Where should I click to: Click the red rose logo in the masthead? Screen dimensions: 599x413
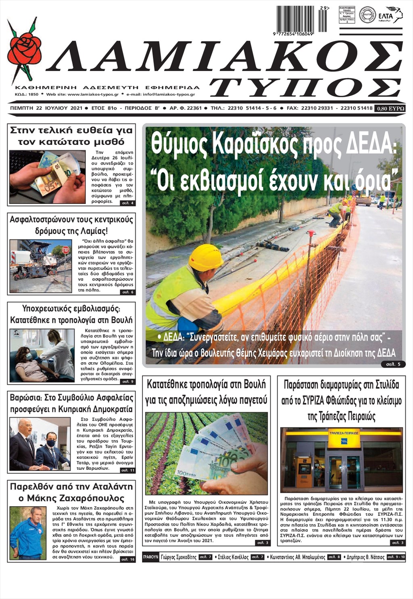click(24, 48)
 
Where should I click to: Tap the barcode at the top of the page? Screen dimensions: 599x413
click(302, 19)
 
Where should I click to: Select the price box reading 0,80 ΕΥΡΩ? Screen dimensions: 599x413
click(390, 108)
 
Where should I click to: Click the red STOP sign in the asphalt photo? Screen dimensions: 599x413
click(66, 250)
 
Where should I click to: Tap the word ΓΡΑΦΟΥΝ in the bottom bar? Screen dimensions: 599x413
click(150, 557)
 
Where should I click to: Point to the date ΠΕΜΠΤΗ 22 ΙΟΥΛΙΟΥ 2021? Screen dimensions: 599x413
click(46, 108)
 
